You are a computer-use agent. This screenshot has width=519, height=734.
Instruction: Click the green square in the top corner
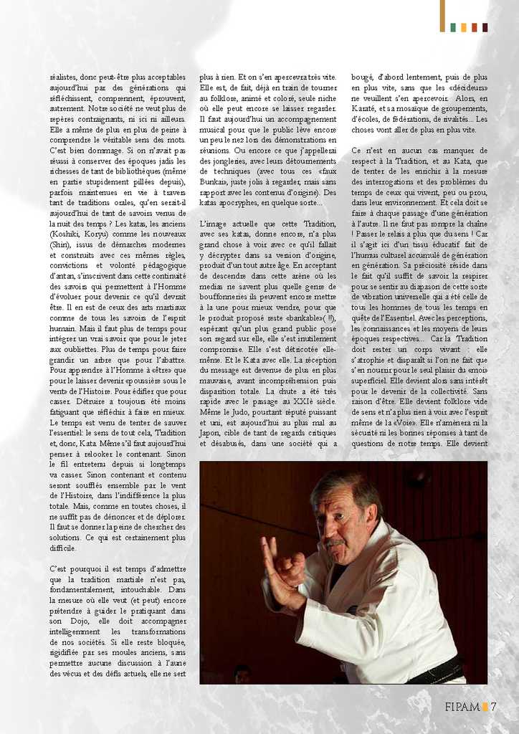click(x=453, y=27)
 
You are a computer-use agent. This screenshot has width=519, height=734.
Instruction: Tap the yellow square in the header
click(x=464, y=27)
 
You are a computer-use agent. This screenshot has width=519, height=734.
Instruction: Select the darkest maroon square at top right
click(x=485, y=27)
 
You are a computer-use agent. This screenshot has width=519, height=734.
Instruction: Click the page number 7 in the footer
click(x=494, y=707)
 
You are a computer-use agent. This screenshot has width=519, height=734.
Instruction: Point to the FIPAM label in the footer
click(x=462, y=707)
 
